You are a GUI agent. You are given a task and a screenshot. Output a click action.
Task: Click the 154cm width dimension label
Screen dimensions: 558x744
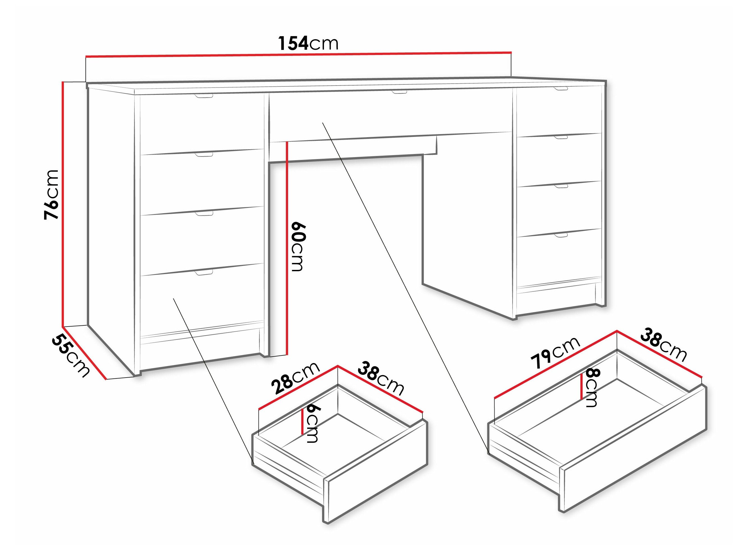tap(308, 43)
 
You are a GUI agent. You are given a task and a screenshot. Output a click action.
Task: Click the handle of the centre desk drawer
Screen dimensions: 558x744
tap(399, 91)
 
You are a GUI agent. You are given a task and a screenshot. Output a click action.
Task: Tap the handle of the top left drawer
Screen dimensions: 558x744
tap(204, 97)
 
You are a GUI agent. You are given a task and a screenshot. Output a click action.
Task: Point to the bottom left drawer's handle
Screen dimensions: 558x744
tap(204, 272)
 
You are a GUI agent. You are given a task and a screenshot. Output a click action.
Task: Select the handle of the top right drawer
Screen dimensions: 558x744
tap(561, 89)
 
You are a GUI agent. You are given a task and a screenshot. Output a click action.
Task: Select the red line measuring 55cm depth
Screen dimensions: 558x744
tap(84, 353)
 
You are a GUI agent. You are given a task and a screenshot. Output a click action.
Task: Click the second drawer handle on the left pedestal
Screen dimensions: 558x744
tap(204, 154)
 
